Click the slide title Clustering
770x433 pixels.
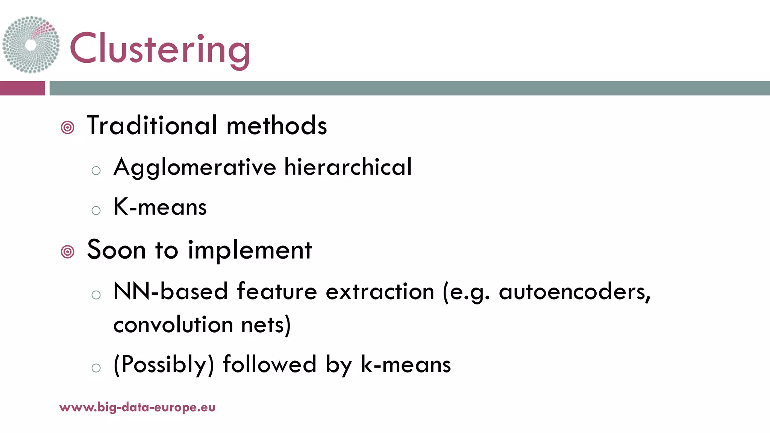[x=160, y=49]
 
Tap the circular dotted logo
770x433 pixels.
[x=31, y=44]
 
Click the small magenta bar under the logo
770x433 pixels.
[x=22, y=88]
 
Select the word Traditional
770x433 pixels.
[x=152, y=125]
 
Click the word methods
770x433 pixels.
[x=277, y=125]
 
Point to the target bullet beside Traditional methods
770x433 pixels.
[x=68, y=128]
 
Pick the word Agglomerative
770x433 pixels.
[x=195, y=167]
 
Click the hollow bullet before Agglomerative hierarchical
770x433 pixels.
[x=96, y=171]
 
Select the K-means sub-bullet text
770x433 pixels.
[x=160, y=207]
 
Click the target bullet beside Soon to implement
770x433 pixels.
[x=68, y=252]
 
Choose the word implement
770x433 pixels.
[x=250, y=250]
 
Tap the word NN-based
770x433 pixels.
[x=171, y=291]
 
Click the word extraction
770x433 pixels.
[x=380, y=291]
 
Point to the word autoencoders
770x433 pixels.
[x=574, y=291]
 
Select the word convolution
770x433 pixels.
[x=173, y=324]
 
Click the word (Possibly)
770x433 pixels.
[x=164, y=365]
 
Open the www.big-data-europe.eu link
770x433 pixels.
[x=137, y=407]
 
